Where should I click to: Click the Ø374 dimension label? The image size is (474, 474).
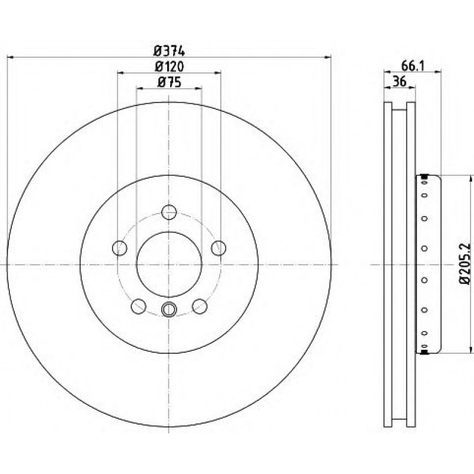pos(169,50)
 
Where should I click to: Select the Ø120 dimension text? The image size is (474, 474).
pos(169,67)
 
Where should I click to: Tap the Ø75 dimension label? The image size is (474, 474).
pos(169,82)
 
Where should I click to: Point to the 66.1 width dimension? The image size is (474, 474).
pos(413,65)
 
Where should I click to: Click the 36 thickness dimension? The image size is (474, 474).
pos(400,82)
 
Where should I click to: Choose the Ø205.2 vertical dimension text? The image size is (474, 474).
pos(465,264)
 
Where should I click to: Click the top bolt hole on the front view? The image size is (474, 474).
pos(169,212)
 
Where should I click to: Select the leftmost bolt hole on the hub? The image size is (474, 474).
pos(120,248)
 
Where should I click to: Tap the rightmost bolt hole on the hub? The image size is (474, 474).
pos(218,248)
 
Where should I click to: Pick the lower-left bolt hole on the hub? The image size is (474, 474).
pos(138,306)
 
